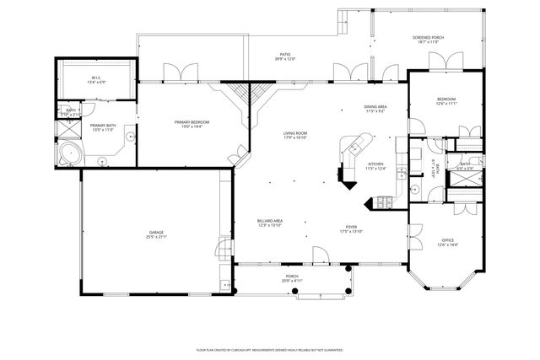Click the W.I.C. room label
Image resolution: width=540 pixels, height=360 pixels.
95,78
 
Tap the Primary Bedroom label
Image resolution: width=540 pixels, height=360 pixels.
192,122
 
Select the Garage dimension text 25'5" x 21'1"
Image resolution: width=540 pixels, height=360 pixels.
158,237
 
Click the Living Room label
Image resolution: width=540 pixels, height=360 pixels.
294,133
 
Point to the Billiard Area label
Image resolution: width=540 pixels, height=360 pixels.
269,221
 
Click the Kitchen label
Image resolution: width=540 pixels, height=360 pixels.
375,164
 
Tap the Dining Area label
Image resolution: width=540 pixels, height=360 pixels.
375,106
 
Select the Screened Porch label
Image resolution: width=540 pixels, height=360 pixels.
428,38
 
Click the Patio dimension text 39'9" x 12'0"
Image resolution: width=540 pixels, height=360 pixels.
284,59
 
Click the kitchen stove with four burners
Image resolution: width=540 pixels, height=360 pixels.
384,201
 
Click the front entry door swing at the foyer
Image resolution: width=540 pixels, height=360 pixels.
320,253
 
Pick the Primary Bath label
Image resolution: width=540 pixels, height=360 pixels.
103,126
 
